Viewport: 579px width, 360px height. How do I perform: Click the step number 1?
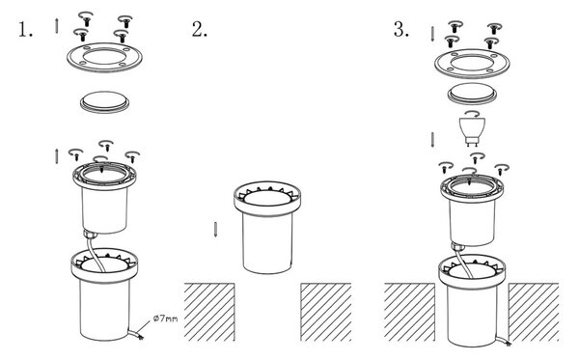(x=25, y=30)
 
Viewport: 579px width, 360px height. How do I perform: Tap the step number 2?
(x=200, y=30)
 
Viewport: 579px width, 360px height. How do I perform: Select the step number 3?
(x=401, y=30)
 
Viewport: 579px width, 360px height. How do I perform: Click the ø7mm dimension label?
(x=165, y=318)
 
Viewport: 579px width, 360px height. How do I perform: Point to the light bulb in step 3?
(x=471, y=131)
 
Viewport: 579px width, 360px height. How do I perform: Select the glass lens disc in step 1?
(x=105, y=101)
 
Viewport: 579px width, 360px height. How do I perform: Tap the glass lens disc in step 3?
(x=472, y=93)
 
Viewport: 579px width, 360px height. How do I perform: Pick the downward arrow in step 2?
(x=215, y=230)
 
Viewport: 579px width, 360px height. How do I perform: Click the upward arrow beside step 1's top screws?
(x=57, y=25)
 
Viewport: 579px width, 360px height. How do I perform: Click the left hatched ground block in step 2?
(x=209, y=312)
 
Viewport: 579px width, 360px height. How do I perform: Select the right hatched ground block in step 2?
(x=326, y=312)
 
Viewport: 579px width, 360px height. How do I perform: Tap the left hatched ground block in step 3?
(x=409, y=312)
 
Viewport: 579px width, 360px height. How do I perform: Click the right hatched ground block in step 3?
(x=534, y=312)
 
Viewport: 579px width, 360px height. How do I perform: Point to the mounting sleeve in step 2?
(x=267, y=228)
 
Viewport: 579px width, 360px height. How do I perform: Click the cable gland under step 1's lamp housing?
(x=90, y=234)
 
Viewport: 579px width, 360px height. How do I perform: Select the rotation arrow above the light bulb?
(x=472, y=113)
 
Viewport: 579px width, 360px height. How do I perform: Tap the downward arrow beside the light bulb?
(x=432, y=140)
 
